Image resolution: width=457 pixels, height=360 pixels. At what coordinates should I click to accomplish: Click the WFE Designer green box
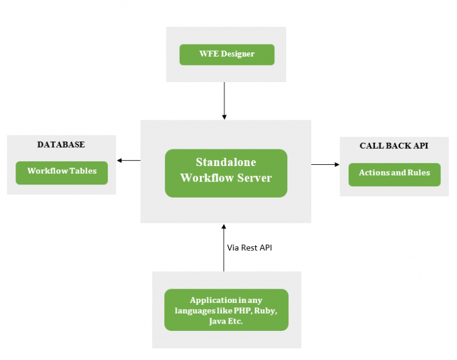227,54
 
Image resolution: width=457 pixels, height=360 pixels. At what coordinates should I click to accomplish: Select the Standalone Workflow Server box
226,173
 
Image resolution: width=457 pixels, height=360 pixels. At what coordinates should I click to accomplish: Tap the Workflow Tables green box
61,172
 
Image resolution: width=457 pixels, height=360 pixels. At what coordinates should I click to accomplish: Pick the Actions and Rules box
394,174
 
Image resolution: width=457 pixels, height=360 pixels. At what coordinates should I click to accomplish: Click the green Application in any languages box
226,309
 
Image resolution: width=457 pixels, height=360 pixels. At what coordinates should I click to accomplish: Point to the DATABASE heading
61,145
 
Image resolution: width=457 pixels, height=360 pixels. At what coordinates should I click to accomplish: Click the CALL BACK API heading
394,146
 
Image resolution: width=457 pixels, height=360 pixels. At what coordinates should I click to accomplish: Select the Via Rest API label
249,248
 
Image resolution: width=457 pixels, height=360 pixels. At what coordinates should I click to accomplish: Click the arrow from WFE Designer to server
224,101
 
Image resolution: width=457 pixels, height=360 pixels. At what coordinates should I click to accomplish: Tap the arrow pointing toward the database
129,160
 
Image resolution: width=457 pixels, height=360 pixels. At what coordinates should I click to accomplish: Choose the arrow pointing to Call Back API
325,164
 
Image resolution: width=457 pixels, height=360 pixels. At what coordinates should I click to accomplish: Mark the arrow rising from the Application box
224,248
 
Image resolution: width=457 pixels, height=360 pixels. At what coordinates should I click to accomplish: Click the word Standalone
226,162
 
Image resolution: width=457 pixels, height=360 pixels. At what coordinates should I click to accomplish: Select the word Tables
82,171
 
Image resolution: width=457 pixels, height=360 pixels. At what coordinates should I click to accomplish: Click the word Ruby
267,311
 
